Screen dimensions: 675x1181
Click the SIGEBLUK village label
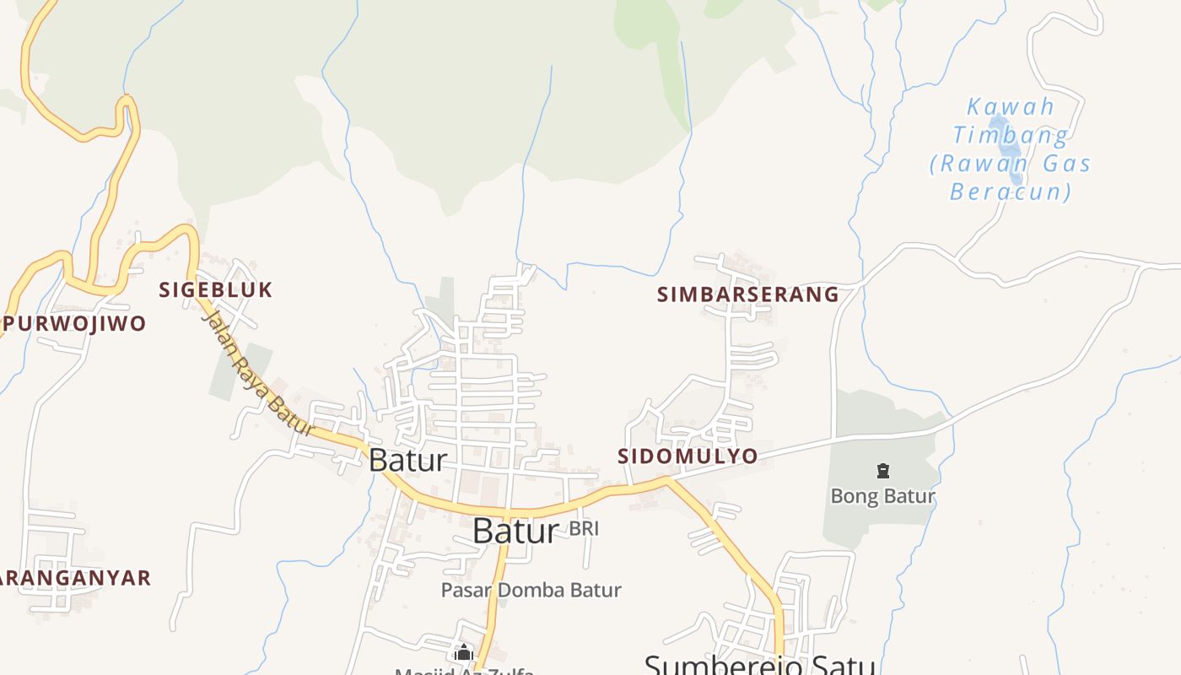(216, 290)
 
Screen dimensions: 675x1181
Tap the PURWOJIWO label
(74, 323)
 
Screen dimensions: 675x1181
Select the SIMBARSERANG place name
(748, 294)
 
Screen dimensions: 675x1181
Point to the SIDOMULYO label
(688, 456)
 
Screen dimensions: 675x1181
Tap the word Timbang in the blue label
(1011, 135)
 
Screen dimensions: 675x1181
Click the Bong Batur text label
(883, 496)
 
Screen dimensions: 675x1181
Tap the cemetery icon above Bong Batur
(883, 471)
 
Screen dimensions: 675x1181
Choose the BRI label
(584, 529)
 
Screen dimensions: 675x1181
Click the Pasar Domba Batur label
(531, 591)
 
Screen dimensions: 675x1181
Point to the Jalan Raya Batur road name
(258, 373)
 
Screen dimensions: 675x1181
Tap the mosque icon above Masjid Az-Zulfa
(463, 652)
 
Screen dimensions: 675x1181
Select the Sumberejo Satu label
(759, 664)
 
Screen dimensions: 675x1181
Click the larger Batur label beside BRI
(515, 531)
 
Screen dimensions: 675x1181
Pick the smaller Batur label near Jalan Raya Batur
(407, 461)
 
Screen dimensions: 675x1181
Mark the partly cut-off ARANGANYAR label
(74, 578)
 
